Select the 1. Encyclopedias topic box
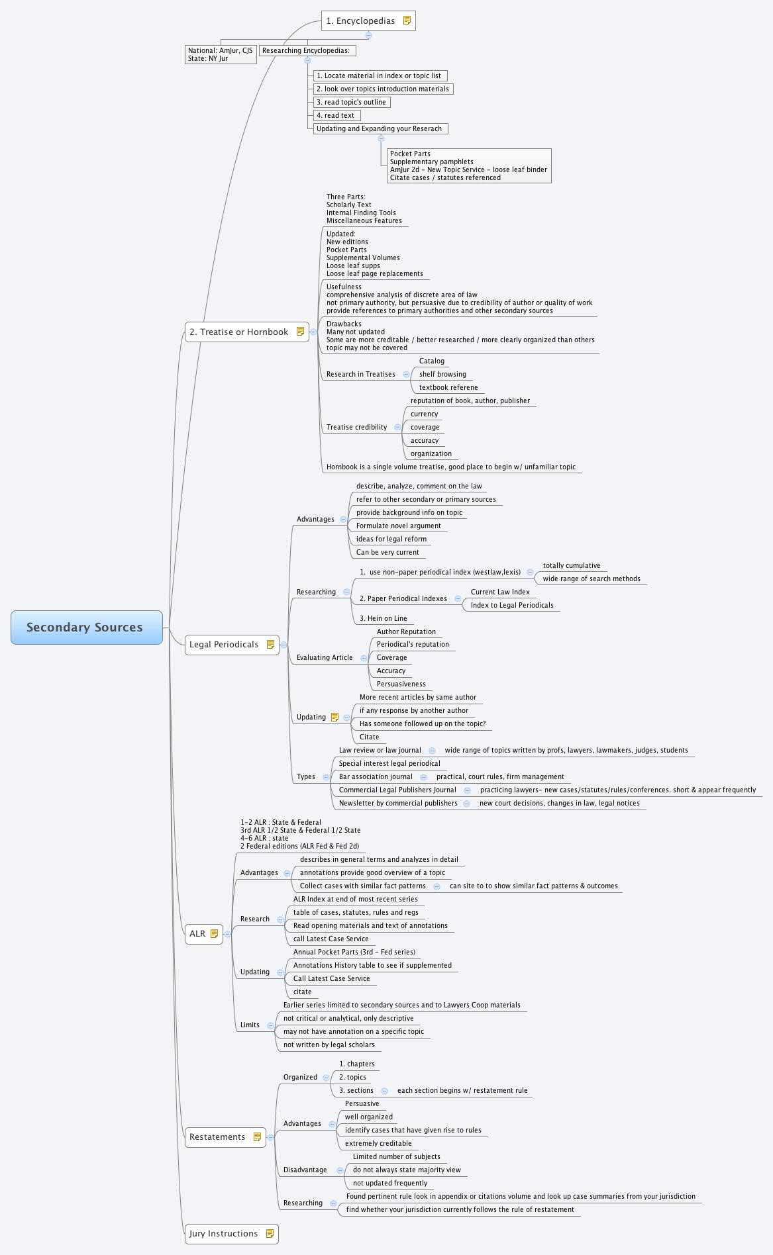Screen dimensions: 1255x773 coord(368,21)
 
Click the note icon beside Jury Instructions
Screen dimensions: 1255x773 coord(270,1233)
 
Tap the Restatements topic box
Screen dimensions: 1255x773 coord(225,1137)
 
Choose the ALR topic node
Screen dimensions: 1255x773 coord(203,933)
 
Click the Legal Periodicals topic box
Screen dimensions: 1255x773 coord(232,644)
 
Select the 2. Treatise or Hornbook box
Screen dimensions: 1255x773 coord(246,332)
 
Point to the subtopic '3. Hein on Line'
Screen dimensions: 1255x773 coord(384,618)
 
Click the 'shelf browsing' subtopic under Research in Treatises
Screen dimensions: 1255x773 coord(442,374)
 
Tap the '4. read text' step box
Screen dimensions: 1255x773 coord(336,115)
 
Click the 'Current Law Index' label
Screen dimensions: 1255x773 coord(500,592)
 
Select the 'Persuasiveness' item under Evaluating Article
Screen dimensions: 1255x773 coord(401,684)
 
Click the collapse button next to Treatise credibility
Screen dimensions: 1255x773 coord(397,427)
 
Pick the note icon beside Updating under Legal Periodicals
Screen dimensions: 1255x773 coord(335,717)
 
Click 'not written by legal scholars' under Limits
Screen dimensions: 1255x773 coord(329,1045)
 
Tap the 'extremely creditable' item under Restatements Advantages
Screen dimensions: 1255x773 coord(378,1143)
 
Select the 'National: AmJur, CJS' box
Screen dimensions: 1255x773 coord(221,54)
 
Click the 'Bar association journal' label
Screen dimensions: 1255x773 coord(376,776)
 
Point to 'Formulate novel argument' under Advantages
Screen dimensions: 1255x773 coord(398,526)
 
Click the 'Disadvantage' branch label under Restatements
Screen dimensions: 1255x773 coord(305,1170)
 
